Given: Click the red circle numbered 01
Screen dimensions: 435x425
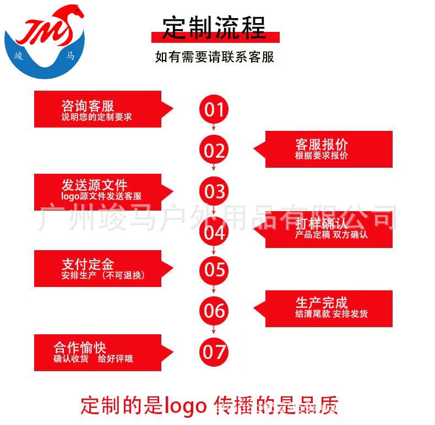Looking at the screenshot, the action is pos(214,109).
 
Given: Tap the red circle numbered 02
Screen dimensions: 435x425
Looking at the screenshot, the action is pos(214,150).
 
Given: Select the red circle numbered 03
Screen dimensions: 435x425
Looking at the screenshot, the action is pos(214,191).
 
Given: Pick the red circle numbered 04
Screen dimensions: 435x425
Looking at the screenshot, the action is pos(214,231).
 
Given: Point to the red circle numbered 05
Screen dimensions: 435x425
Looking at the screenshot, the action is pos(214,269).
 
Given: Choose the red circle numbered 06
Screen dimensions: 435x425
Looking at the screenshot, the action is pos(214,311).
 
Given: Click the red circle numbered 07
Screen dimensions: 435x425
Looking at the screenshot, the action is pos(214,351).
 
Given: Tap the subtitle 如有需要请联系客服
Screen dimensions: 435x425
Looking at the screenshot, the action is pos(215,57).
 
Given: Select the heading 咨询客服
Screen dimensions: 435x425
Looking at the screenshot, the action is pos(88,106).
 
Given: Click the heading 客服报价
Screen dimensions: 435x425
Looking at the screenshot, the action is pos(322,145).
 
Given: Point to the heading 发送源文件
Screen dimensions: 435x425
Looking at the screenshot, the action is pos(94,185).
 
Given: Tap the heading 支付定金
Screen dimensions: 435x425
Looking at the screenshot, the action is pos(88,264).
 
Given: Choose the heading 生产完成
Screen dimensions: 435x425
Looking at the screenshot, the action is pos(322,302).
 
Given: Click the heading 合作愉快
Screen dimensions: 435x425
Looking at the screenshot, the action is pos(80,347).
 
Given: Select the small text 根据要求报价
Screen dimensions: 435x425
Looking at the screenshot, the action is pos(322,156).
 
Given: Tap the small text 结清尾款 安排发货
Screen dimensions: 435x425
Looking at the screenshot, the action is pos(331,314).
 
